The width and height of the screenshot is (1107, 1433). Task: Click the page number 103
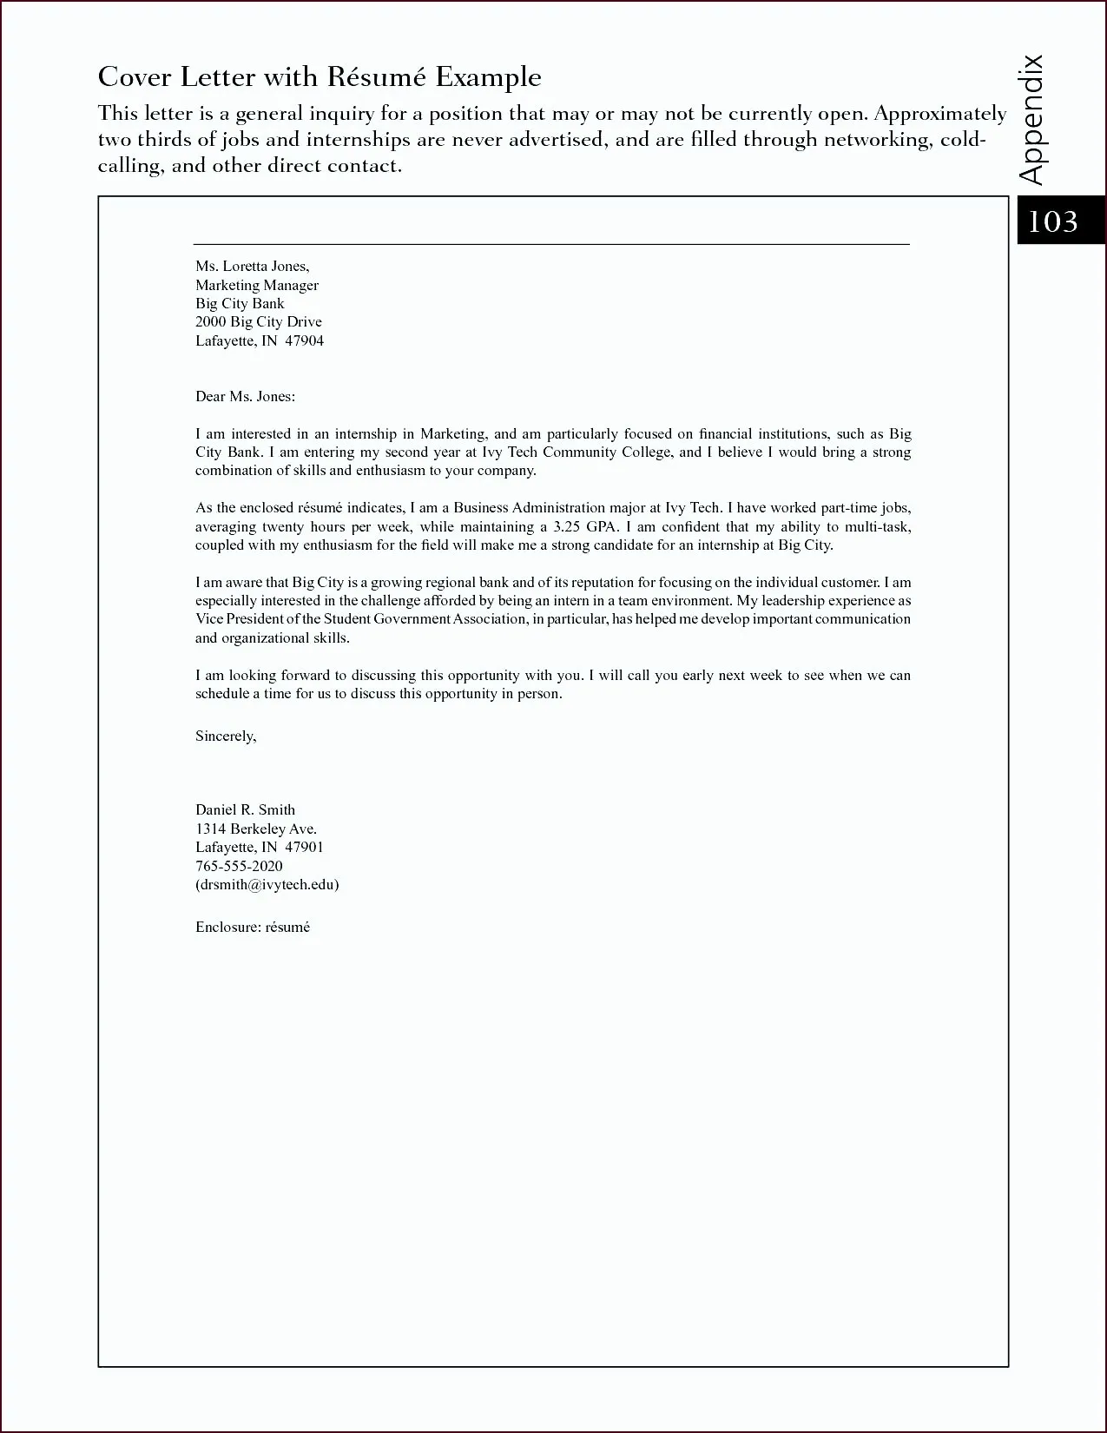(1052, 221)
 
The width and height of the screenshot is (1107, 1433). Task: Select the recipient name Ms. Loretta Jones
(252, 267)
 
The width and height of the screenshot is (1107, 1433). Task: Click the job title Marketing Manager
(257, 285)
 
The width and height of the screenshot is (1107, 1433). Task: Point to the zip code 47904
(304, 340)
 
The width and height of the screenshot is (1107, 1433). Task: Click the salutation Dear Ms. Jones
(245, 397)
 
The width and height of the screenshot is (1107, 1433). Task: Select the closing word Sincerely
(226, 736)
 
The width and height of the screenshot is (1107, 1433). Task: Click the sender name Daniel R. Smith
(245, 810)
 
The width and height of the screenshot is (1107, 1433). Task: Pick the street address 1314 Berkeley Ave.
(255, 829)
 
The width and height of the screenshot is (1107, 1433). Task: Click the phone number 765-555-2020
(239, 866)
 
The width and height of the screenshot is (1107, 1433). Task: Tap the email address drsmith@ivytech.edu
(267, 885)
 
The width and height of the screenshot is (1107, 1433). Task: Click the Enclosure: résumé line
(253, 928)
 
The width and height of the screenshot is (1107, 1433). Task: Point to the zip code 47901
(304, 848)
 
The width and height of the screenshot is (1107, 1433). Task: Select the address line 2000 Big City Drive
(259, 322)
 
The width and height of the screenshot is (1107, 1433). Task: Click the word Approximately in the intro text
(940, 114)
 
